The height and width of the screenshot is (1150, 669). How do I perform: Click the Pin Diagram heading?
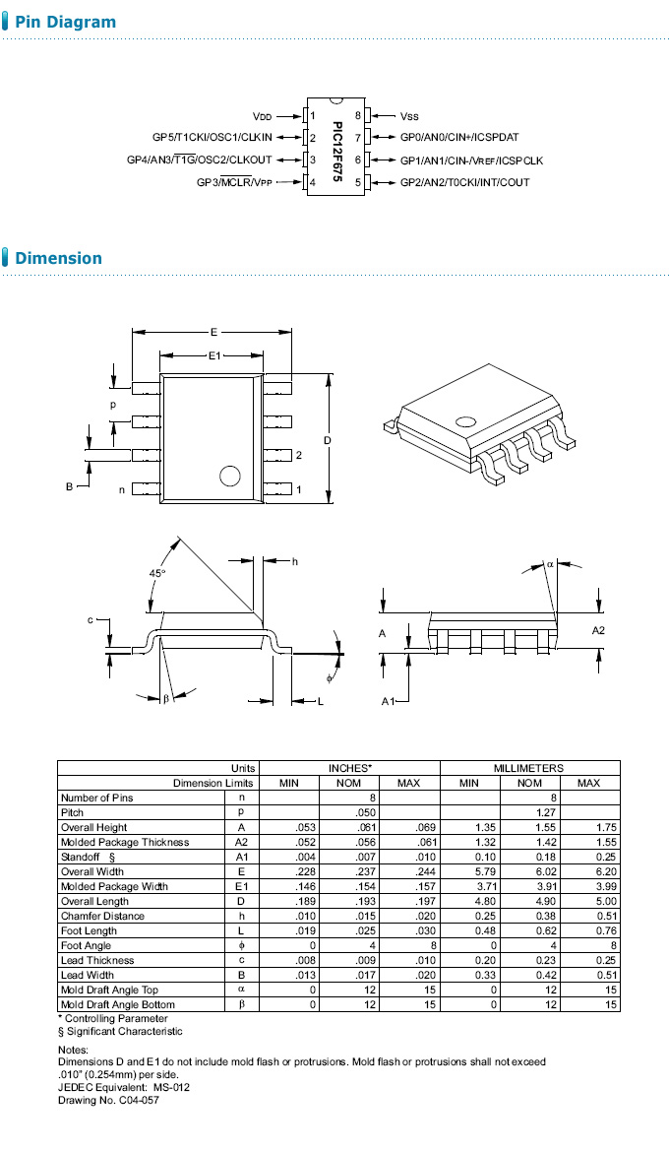(x=65, y=22)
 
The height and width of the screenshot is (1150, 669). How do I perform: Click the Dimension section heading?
(x=58, y=258)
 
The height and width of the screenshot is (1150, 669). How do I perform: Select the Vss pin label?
(x=409, y=116)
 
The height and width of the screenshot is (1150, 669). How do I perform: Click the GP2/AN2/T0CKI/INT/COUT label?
(x=464, y=182)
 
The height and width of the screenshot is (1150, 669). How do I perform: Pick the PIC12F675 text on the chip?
(x=336, y=149)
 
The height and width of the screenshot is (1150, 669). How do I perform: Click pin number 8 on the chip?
(x=358, y=116)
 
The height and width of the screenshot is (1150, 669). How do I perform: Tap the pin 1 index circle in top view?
(x=230, y=477)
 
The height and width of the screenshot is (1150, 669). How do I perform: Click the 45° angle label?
(x=157, y=572)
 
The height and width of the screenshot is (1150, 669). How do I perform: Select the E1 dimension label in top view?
(x=213, y=355)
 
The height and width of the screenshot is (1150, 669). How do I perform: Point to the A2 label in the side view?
(x=598, y=629)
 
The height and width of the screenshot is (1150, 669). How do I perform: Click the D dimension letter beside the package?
(x=327, y=439)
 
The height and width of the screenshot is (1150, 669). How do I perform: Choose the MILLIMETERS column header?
(x=528, y=768)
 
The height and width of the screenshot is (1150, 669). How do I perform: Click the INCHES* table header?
(x=350, y=768)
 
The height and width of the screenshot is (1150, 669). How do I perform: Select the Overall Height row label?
(x=93, y=827)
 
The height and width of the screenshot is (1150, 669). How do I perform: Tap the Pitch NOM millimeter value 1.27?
(x=530, y=812)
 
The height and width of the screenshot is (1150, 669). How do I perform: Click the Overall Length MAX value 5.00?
(x=588, y=901)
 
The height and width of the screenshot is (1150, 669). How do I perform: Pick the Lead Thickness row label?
(x=96, y=960)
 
